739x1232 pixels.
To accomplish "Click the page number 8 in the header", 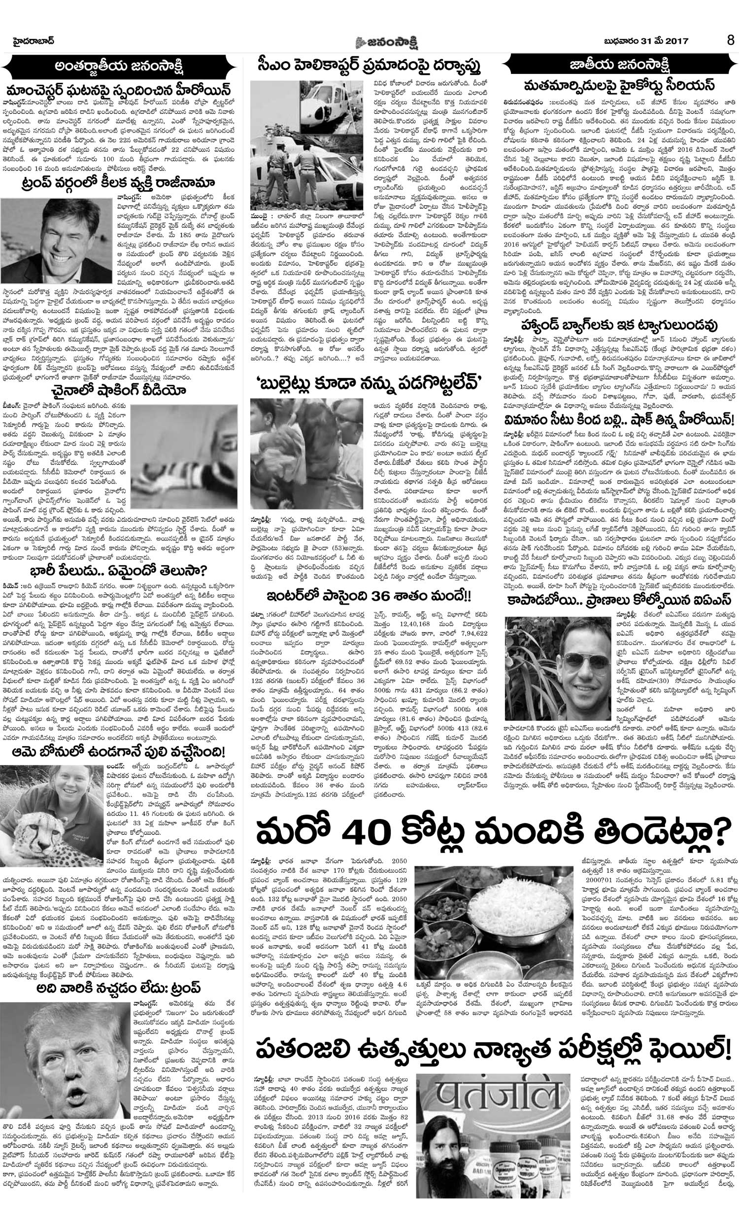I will (730, 40).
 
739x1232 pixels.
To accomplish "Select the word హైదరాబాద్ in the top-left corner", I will (33, 39).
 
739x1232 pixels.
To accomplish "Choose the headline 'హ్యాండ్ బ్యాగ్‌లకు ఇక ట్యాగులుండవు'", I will (620, 326).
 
